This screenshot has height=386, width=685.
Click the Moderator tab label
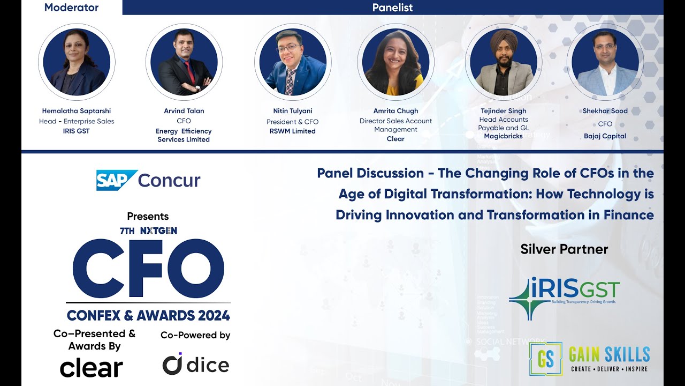pos(71,8)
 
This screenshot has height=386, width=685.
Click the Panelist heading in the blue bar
pos(392,8)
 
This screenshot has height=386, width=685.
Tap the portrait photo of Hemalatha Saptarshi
pos(77,62)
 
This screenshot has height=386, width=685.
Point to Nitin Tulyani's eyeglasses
pos(288,48)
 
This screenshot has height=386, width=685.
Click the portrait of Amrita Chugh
pos(395,62)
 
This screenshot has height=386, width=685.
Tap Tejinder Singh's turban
pos(504,40)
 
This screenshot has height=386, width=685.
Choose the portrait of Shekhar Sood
pos(605,62)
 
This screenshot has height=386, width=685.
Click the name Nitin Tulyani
pos(292,111)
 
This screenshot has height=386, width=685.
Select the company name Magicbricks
pos(503,136)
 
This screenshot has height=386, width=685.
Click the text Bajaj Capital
pos(605,136)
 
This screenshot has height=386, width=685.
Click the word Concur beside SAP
pos(169,181)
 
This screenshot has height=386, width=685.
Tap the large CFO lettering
pos(148,269)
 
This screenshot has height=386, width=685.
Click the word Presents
pos(148,216)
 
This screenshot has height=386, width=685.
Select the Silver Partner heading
pos(564,249)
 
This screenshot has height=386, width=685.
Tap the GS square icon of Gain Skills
pos(545,359)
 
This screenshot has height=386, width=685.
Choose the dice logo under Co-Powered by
pos(196,364)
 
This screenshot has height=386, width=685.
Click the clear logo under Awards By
pos(92,368)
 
